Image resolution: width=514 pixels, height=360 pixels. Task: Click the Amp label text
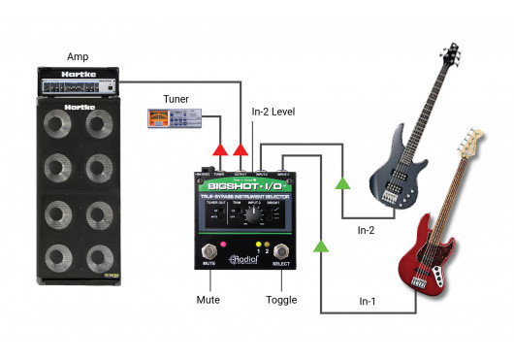pyautogui.click(x=78, y=58)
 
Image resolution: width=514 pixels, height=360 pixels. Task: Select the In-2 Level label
pyautogui.click(x=273, y=113)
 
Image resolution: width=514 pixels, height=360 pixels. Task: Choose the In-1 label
pyautogui.click(x=370, y=302)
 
